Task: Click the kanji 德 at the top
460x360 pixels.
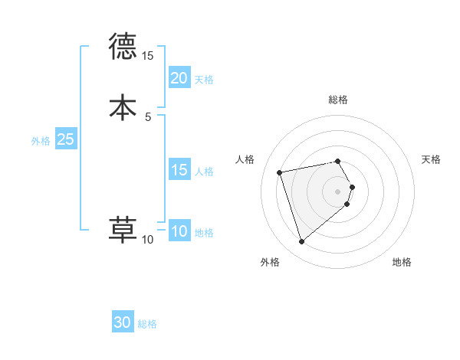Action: [123, 47]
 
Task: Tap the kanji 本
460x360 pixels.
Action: [123, 107]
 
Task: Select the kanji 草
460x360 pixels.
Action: [123, 231]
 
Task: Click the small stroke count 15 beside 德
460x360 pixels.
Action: [148, 56]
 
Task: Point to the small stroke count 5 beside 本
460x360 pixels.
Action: [148, 116]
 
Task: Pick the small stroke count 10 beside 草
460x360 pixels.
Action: [148, 240]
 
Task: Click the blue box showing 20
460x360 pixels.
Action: [179, 78]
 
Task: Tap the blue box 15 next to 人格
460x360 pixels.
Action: [179, 170]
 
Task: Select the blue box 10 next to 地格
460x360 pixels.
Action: [179, 231]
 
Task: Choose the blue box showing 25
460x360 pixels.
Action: [66, 139]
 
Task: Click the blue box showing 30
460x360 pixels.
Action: [123, 323]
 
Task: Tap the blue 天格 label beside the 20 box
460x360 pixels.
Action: [204, 79]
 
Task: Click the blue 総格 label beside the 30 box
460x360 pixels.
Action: [147, 324]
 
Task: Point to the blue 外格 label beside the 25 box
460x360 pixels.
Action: [41, 140]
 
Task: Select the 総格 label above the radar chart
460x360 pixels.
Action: [338, 100]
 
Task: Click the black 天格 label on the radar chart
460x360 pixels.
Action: [431, 159]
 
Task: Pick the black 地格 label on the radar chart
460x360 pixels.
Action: [402, 262]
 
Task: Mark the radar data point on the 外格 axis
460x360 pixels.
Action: [301, 242]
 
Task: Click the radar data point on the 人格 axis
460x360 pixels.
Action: [280, 172]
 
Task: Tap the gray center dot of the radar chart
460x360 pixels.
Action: [338, 191]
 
